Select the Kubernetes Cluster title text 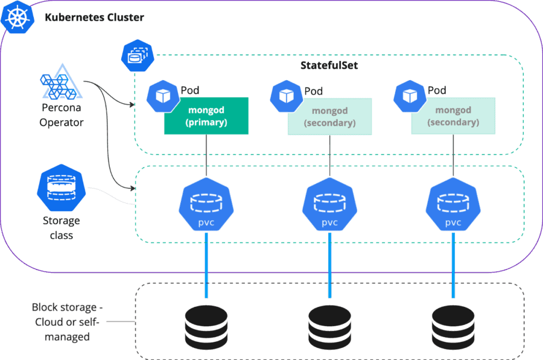pos(94,17)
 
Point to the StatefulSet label pos(329,65)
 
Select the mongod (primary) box pos(206,116)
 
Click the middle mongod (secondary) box pos(329,116)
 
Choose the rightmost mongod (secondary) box pos(453,116)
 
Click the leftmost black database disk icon pos(206,324)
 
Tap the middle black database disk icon pos(329,324)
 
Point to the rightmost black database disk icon pos(453,324)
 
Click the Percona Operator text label pos(61,115)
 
